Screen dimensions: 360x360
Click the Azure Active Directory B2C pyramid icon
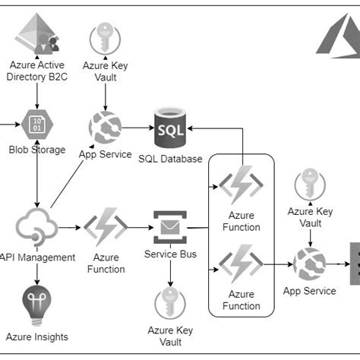pos(36,35)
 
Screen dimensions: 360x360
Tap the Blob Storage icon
pos(36,125)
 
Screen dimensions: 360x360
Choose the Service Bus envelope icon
pos(170,226)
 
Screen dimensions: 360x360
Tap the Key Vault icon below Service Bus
pos(170,305)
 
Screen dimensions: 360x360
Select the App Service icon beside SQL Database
pos(105,128)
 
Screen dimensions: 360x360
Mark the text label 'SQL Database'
pos(170,159)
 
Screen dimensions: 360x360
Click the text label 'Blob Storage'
pos(37,150)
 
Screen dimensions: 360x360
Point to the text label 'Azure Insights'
pos(36,336)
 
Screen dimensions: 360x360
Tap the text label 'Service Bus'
pos(170,254)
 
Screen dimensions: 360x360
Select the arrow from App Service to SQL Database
pos(137,128)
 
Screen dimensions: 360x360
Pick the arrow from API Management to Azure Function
pos(68,227)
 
